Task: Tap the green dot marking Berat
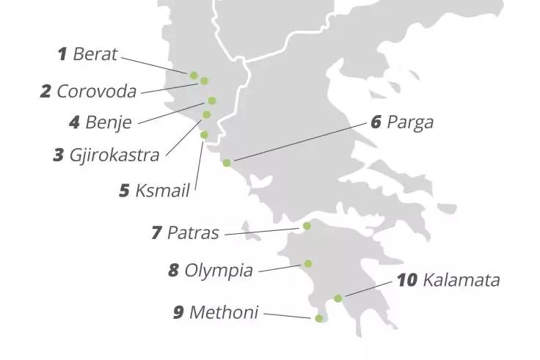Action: pyautogui.click(x=194, y=75)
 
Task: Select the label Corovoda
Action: pyautogui.click(x=96, y=92)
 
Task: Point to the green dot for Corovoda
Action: pyautogui.click(x=204, y=81)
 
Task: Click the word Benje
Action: pyautogui.click(x=109, y=122)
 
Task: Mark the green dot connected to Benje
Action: pyautogui.click(x=212, y=100)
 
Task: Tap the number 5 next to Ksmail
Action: pyautogui.click(x=125, y=191)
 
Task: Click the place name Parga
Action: pyautogui.click(x=409, y=122)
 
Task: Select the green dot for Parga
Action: pyautogui.click(x=227, y=163)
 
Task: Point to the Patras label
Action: pyautogui.click(x=193, y=233)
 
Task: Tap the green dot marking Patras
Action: pyautogui.click(x=307, y=226)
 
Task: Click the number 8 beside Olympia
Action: pyautogui.click(x=173, y=271)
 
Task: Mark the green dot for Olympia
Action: pyautogui.click(x=308, y=263)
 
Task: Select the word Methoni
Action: pyautogui.click(x=224, y=312)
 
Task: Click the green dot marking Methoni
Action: pyautogui.click(x=318, y=318)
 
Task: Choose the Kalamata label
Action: pyautogui.click(x=461, y=280)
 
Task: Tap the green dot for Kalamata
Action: pyautogui.click(x=337, y=298)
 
